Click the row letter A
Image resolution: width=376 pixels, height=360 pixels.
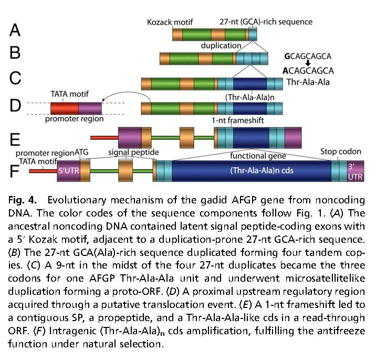[15, 30]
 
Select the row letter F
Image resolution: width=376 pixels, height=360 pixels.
[16, 171]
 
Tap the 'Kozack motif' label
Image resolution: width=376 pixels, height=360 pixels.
[170, 22]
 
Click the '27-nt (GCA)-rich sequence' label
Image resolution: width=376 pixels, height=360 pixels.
[266, 22]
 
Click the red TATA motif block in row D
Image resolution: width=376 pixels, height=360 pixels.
[64, 109]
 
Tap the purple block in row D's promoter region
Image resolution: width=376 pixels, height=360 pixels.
[90, 109]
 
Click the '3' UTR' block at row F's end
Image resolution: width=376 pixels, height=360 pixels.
[355, 171]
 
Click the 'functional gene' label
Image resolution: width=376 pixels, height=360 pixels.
[259, 156]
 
